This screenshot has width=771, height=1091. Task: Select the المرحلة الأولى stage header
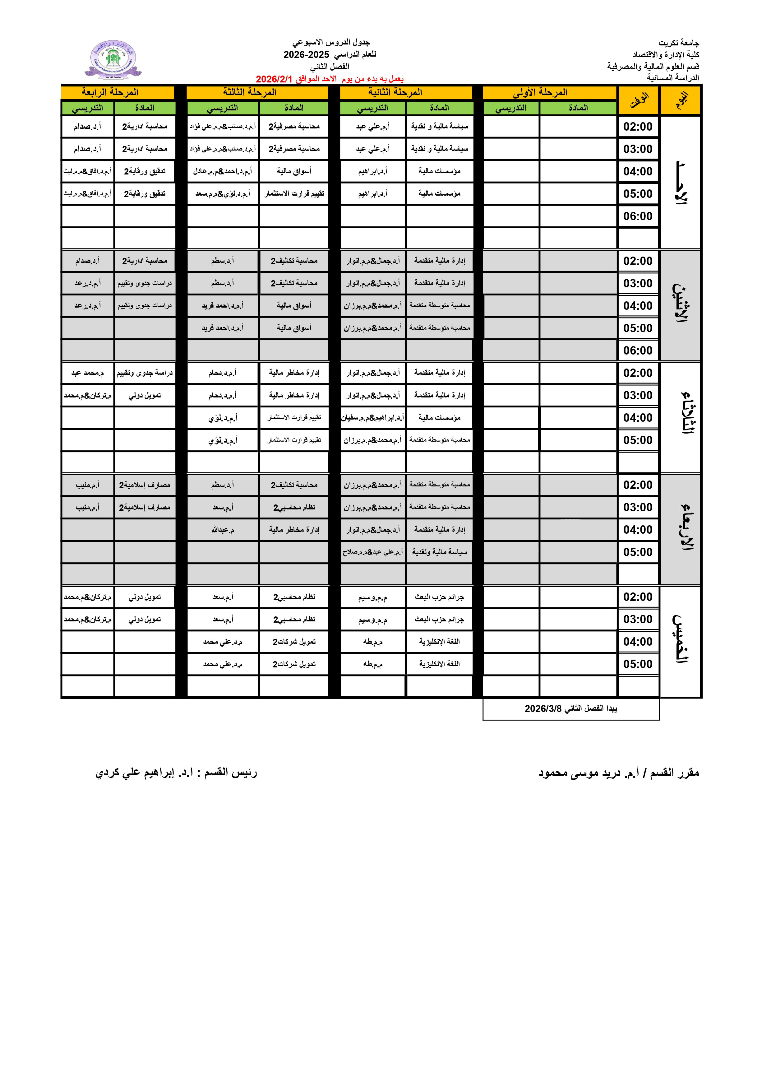pos(540,92)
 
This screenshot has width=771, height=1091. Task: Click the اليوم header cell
pos(681,100)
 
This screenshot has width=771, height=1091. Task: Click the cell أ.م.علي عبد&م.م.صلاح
pos(373,552)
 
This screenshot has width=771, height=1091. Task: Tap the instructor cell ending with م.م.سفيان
pos(373,418)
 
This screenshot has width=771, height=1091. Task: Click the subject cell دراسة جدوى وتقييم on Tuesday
pos(145,373)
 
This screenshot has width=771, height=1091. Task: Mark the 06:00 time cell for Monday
pos(638,351)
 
